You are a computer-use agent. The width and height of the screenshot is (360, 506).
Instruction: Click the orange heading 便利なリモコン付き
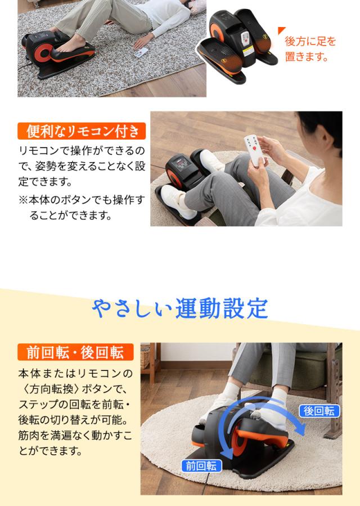81,132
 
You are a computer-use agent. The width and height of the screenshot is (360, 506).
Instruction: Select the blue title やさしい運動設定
180,308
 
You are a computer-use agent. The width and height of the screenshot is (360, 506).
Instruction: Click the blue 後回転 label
319,411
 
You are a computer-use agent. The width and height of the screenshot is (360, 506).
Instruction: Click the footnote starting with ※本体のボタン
81,207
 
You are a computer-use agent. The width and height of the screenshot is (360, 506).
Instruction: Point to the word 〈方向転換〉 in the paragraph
51,389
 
